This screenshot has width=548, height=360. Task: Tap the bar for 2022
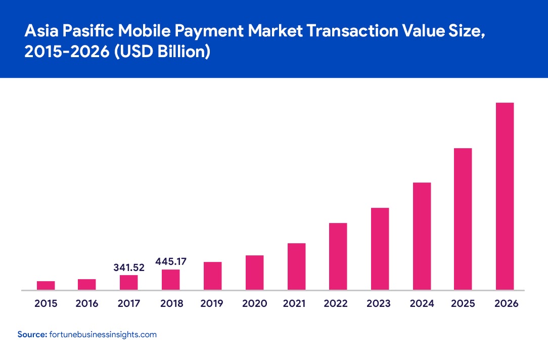[x=338, y=256]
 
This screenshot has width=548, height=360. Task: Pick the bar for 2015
[x=46, y=286]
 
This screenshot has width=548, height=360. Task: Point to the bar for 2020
[x=254, y=273]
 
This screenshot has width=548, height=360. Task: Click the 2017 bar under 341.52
[x=129, y=283]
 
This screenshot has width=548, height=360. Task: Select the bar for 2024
[x=422, y=236]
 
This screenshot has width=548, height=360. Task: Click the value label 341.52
[x=128, y=267]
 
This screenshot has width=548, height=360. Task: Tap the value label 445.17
[x=171, y=262]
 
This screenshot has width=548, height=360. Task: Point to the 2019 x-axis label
[x=212, y=304]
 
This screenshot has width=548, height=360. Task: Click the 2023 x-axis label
[x=380, y=304]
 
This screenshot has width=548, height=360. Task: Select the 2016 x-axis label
[x=87, y=304]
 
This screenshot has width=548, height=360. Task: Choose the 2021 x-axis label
[x=296, y=304]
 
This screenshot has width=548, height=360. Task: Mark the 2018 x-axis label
[x=171, y=304]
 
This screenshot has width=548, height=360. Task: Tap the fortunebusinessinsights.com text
[x=103, y=335]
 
